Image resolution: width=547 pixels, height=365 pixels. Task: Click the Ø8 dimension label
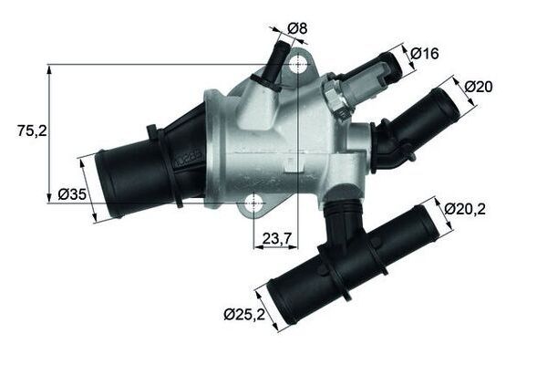click(x=297, y=28)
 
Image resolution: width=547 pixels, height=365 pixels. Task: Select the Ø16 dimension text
click(x=426, y=54)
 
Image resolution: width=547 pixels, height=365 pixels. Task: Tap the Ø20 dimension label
click(x=479, y=87)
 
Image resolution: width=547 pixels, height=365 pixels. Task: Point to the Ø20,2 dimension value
click(x=465, y=209)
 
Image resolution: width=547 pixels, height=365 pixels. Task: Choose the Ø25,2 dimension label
click(x=243, y=315)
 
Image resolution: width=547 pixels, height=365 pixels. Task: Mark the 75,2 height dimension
click(x=32, y=131)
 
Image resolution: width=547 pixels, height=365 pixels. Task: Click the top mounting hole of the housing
click(x=298, y=65)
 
